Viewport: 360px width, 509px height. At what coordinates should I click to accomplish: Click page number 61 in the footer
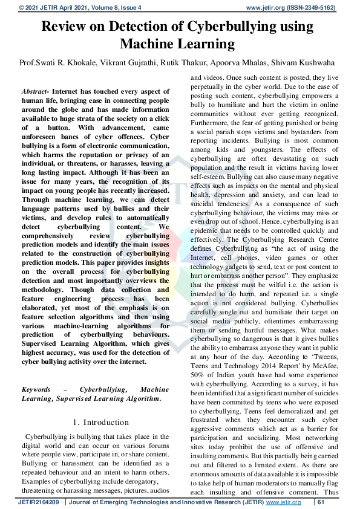[321, 502]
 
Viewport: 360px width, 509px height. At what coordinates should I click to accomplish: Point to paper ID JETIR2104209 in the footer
[38, 502]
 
